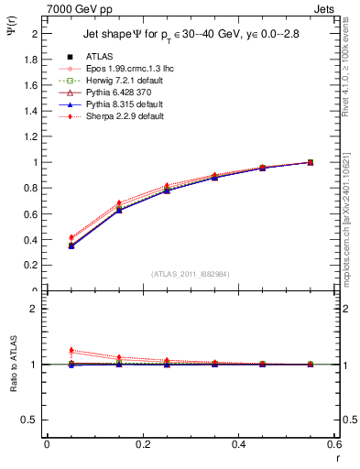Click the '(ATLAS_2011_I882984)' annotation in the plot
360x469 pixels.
pyautogui.click(x=191, y=275)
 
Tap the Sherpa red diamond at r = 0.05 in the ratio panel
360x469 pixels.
pyautogui.click(x=71, y=350)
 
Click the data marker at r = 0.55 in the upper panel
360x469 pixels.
pyautogui.click(x=311, y=162)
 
